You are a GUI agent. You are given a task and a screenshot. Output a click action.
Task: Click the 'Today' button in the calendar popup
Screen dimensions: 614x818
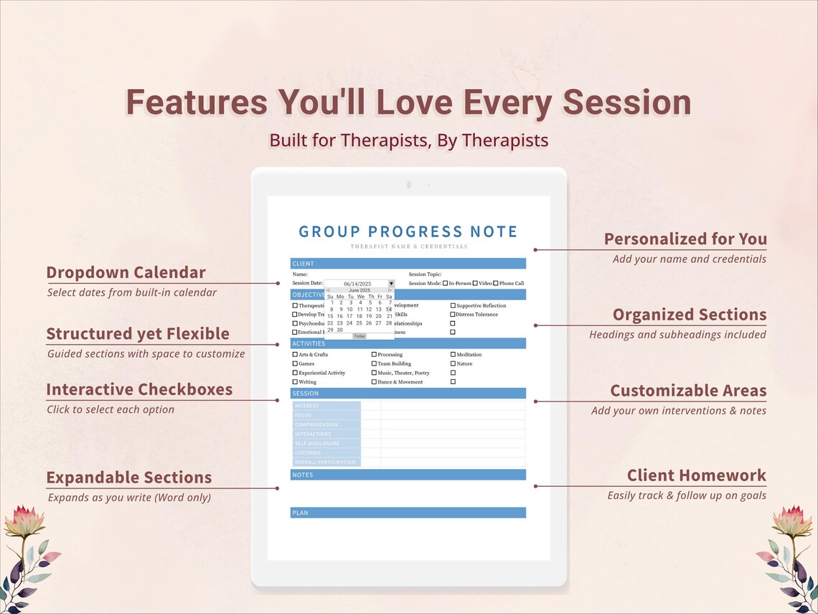click(x=359, y=336)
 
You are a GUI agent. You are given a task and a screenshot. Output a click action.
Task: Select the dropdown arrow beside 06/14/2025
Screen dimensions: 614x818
click(x=391, y=284)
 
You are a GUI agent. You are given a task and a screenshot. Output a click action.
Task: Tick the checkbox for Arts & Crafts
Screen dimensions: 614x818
click(x=295, y=355)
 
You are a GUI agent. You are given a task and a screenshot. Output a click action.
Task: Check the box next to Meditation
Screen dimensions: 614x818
click(x=453, y=355)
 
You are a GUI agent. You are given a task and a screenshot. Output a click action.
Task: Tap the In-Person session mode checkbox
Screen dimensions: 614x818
click(x=446, y=284)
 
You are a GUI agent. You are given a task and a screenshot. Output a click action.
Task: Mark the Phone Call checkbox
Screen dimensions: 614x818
click(x=496, y=284)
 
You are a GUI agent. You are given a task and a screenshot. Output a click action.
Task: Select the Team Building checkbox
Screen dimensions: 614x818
click(x=374, y=364)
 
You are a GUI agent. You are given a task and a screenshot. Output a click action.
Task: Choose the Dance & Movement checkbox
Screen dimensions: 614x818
click(x=374, y=382)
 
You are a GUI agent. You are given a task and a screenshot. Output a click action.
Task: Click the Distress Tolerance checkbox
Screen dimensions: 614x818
click(x=453, y=315)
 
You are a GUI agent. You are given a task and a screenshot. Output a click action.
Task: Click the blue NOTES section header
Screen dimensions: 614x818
click(x=408, y=475)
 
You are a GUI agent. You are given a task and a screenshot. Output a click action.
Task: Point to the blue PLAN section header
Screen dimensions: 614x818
click(x=408, y=513)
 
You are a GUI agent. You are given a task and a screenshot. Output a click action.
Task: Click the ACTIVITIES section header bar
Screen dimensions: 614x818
click(x=408, y=344)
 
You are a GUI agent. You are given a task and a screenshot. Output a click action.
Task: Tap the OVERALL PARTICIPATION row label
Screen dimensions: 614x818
click(x=326, y=462)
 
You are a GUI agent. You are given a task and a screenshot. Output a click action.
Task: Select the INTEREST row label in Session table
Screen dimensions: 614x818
click(x=326, y=406)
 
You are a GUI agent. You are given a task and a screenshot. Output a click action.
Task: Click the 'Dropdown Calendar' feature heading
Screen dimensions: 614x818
click(x=126, y=272)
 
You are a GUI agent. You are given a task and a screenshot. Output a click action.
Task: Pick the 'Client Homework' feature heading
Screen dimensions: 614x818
click(x=696, y=475)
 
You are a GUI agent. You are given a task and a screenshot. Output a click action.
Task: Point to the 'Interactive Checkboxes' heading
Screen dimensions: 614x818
click(x=139, y=389)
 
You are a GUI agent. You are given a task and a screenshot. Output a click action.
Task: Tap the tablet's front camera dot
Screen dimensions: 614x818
click(x=408, y=185)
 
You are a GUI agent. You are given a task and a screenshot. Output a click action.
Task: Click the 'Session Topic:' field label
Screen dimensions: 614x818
click(x=425, y=274)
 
